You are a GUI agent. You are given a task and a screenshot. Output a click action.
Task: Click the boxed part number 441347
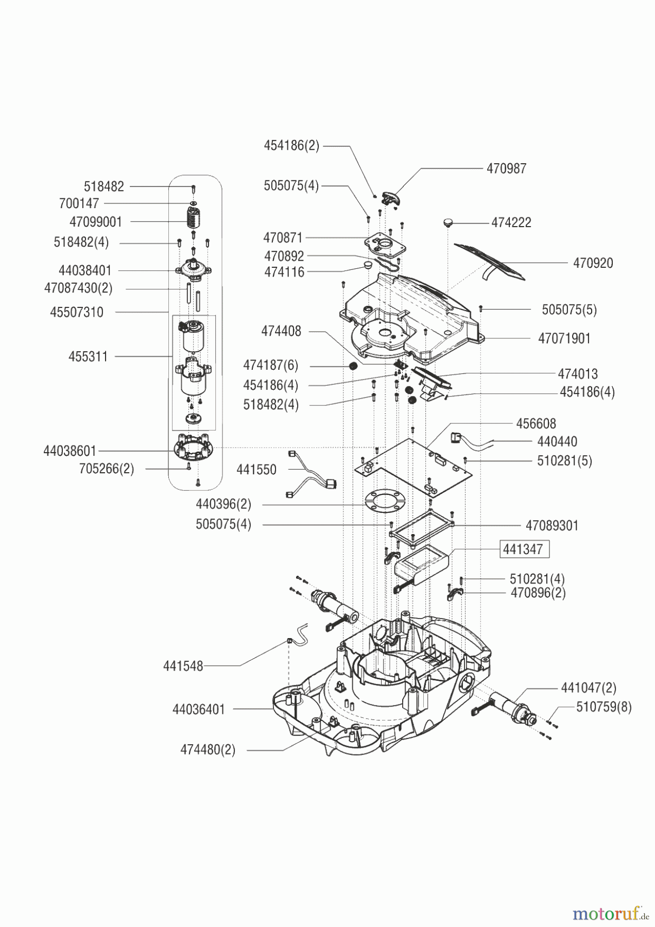point(523,549)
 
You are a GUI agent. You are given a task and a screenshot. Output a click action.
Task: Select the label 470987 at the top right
point(506,168)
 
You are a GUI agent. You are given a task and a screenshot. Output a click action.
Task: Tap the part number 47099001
point(96,222)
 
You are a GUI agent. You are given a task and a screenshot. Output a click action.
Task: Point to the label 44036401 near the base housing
point(199,709)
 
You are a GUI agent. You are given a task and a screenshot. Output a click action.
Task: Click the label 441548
point(183,666)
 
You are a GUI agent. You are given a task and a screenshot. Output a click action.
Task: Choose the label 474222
point(511,222)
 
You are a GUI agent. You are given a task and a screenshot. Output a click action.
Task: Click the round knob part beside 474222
point(448,222)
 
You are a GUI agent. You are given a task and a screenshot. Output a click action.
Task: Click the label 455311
point(88,356)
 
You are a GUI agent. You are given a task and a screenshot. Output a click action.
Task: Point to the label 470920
point(593,263)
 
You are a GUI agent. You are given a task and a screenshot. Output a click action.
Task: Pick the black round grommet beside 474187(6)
point(353,366)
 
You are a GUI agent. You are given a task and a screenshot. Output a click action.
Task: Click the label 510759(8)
point(604,707)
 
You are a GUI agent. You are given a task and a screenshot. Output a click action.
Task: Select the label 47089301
point(551,525)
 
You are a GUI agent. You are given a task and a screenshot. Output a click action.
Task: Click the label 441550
point(256,470)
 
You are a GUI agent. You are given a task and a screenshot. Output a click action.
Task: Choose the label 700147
point(79,203)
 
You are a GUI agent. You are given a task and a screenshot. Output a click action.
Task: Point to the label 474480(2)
point(208,750)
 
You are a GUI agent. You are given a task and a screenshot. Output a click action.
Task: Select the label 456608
point(536,423)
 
